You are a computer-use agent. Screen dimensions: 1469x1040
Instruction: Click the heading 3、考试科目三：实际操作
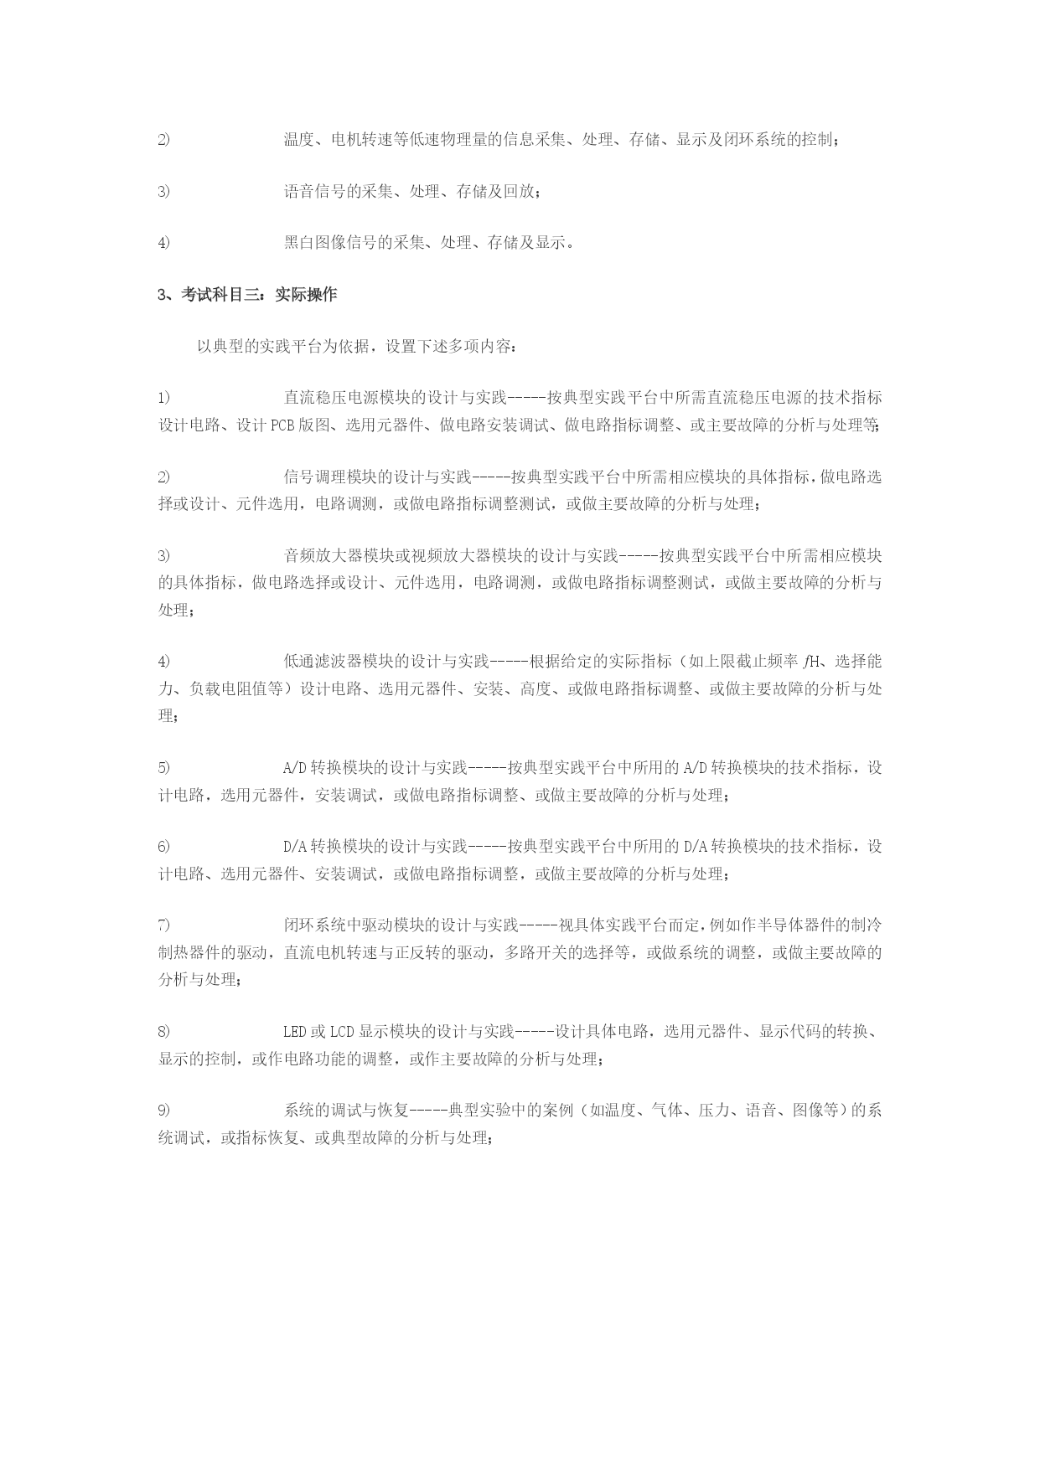(x=247, y=295)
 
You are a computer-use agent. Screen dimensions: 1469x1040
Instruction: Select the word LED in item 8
(x=295, y=1031)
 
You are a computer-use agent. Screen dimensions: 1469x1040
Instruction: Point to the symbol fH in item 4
(x=813, y=662)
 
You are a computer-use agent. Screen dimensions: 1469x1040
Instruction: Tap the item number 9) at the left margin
(x=163, y=1111)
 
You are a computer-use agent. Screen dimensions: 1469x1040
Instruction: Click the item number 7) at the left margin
(x=163, y=925)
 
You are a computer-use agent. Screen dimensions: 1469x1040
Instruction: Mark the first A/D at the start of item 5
(x=295, y=767)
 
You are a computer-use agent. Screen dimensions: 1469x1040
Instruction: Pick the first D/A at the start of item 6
(x=295, y=846)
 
